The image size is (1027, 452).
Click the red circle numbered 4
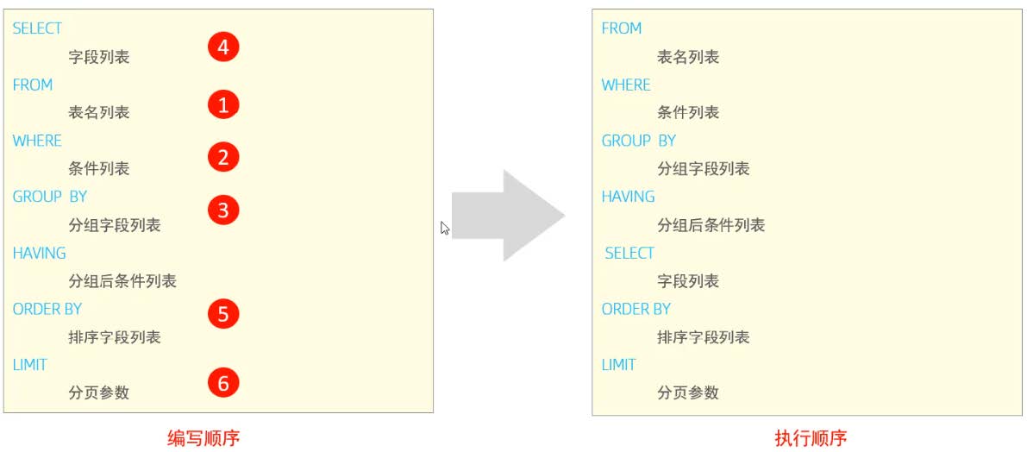223,47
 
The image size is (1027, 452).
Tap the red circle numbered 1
223,105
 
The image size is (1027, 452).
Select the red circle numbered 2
223,158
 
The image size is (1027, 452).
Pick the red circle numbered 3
223,210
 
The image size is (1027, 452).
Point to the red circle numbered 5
223,314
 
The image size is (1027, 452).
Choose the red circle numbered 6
223,383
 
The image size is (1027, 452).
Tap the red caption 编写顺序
204,438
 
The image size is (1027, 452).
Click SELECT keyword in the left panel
37,28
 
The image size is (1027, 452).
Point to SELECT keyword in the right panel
629,253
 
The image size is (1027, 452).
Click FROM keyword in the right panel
622,28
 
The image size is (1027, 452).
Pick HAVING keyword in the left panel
40,253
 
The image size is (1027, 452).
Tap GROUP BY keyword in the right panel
639,141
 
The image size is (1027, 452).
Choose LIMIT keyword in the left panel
30,365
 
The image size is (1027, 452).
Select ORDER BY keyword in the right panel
636,309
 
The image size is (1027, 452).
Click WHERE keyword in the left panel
37,141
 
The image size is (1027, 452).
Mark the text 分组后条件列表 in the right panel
711,225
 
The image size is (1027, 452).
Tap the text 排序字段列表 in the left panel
115,337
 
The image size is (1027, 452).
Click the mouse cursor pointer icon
444,228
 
